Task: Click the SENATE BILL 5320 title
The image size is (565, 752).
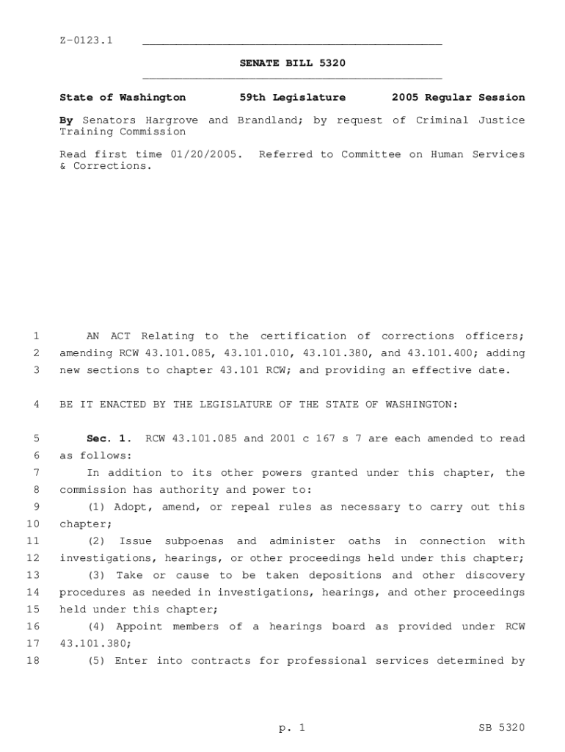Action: (292, 63)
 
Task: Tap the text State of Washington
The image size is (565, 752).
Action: (123, 97)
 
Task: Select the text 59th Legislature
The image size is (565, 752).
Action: (292, 97)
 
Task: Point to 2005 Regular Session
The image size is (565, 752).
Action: (458, 97)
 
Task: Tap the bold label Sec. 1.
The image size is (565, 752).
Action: (109, 438)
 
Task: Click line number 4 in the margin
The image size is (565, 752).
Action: (36, 404)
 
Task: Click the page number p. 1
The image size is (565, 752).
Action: (291, 728)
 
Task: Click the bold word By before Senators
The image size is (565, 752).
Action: (66, 120)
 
